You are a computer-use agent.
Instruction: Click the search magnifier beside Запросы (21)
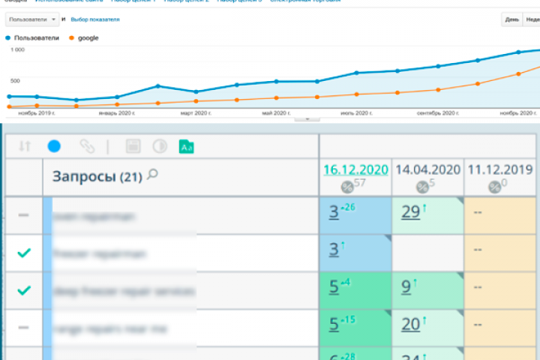point(153,175)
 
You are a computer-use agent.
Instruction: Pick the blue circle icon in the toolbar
point(54,146)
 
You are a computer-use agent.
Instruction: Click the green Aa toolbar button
point(186,147)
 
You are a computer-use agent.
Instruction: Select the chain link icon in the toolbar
point(87,146)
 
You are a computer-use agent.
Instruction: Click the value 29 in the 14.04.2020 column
point(411,212)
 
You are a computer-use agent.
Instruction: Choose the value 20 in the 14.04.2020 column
point(411,324)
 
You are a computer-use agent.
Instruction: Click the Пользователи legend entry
point(31,37)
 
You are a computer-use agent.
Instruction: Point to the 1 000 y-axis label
point(17,49)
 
